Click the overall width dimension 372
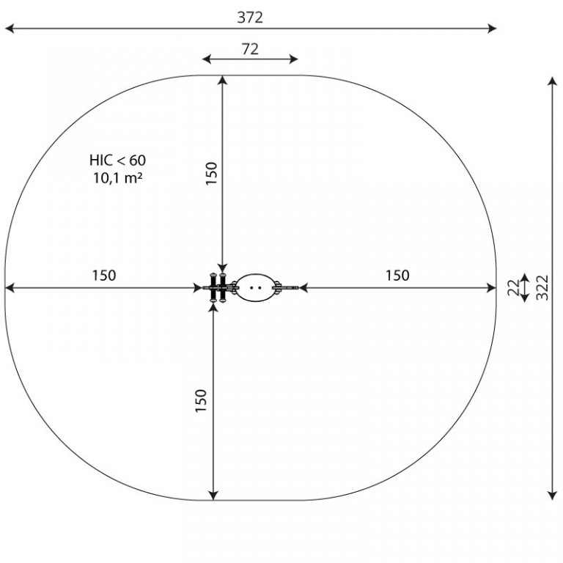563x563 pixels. tap(250, 18)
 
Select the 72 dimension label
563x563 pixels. tap(250, 49)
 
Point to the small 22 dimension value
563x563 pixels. tap(514, 287)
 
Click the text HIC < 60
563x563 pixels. tap(118, 160)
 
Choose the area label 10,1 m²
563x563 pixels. tap(118, 177)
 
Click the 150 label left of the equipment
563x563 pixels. tap(104, 276)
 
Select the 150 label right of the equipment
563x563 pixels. tap(397, 276)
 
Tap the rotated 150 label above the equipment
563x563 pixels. tap(211, 174)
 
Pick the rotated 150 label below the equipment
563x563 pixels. tap(201, 401)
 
